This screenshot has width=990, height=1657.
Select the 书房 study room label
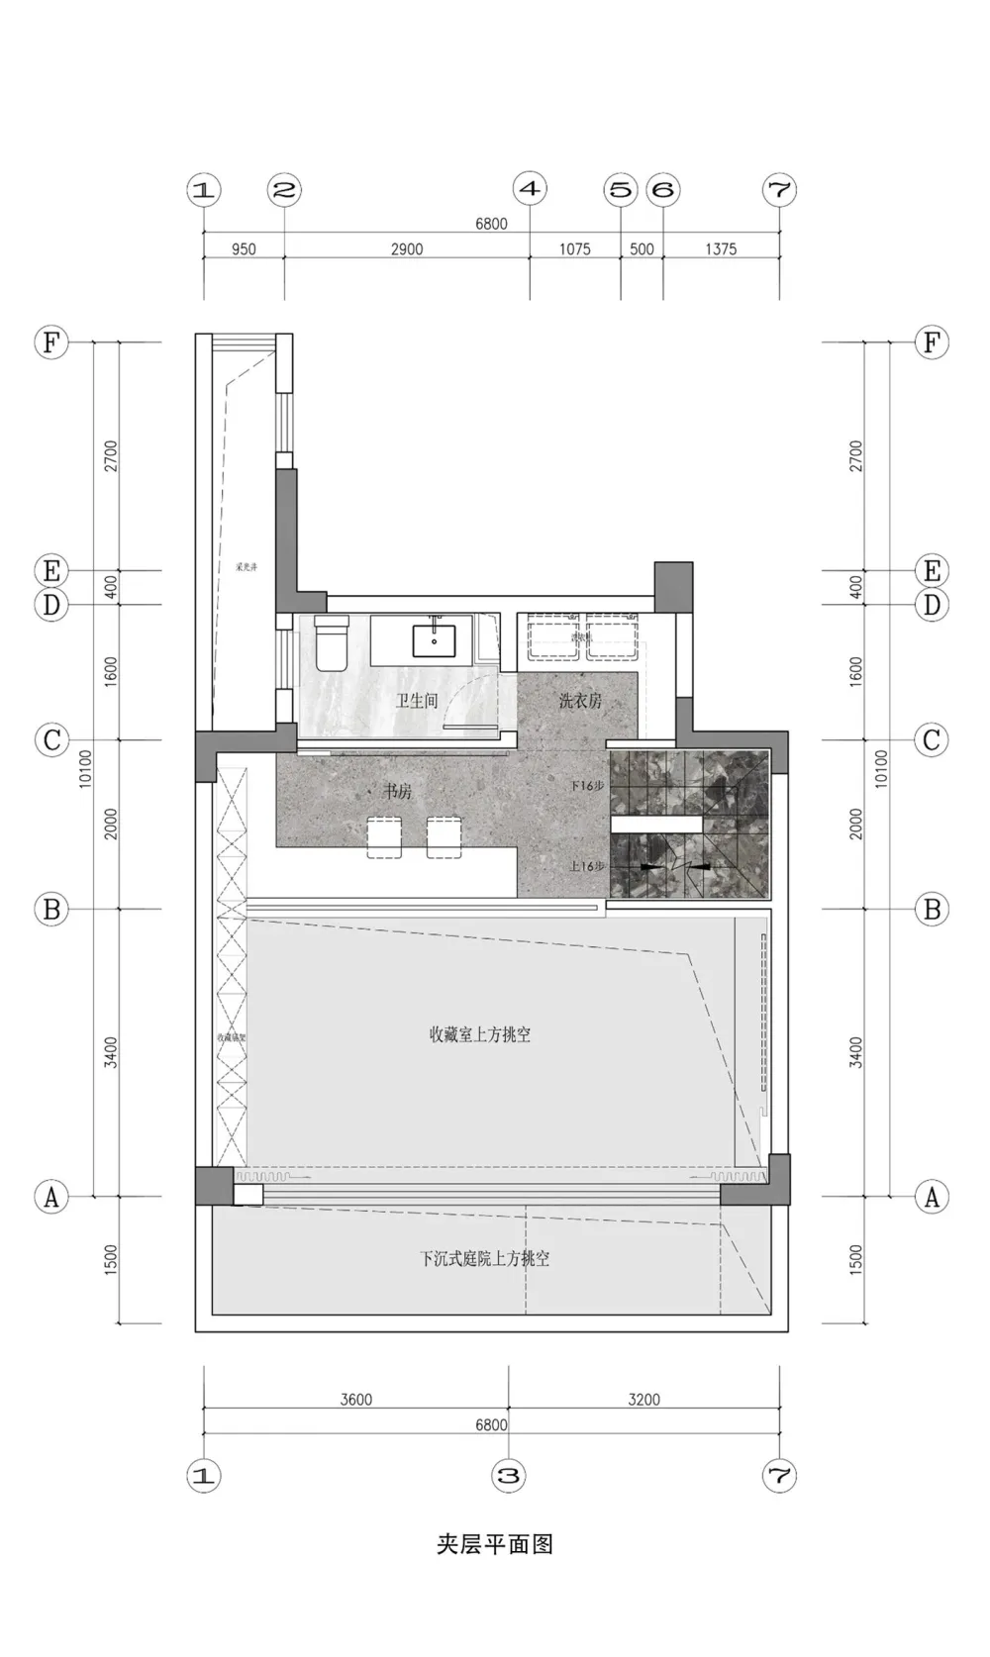[398, 792]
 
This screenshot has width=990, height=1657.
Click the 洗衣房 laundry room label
[580, 701]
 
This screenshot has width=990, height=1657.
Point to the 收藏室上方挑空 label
[480, 1034]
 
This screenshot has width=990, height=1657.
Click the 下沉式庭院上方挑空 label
[484, 1258]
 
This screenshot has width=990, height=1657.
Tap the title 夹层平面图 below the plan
[494, 1543]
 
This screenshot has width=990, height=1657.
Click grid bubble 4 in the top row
[531, 189]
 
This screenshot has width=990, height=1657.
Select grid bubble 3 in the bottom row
[508, 1476]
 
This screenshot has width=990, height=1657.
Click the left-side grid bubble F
[51, 342]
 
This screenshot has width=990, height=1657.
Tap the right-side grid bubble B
[932, 909]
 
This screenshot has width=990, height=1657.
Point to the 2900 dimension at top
[407, 249]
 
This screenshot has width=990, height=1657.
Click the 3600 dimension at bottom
[356, 1399]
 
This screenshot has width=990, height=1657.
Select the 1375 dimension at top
[721, 249]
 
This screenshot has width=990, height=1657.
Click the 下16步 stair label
[587, 785]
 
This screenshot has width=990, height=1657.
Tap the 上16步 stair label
[587, 866]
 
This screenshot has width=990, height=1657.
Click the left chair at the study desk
[383, 836]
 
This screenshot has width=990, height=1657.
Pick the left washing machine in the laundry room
[552, 636]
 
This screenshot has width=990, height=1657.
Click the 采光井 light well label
[246, 568]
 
